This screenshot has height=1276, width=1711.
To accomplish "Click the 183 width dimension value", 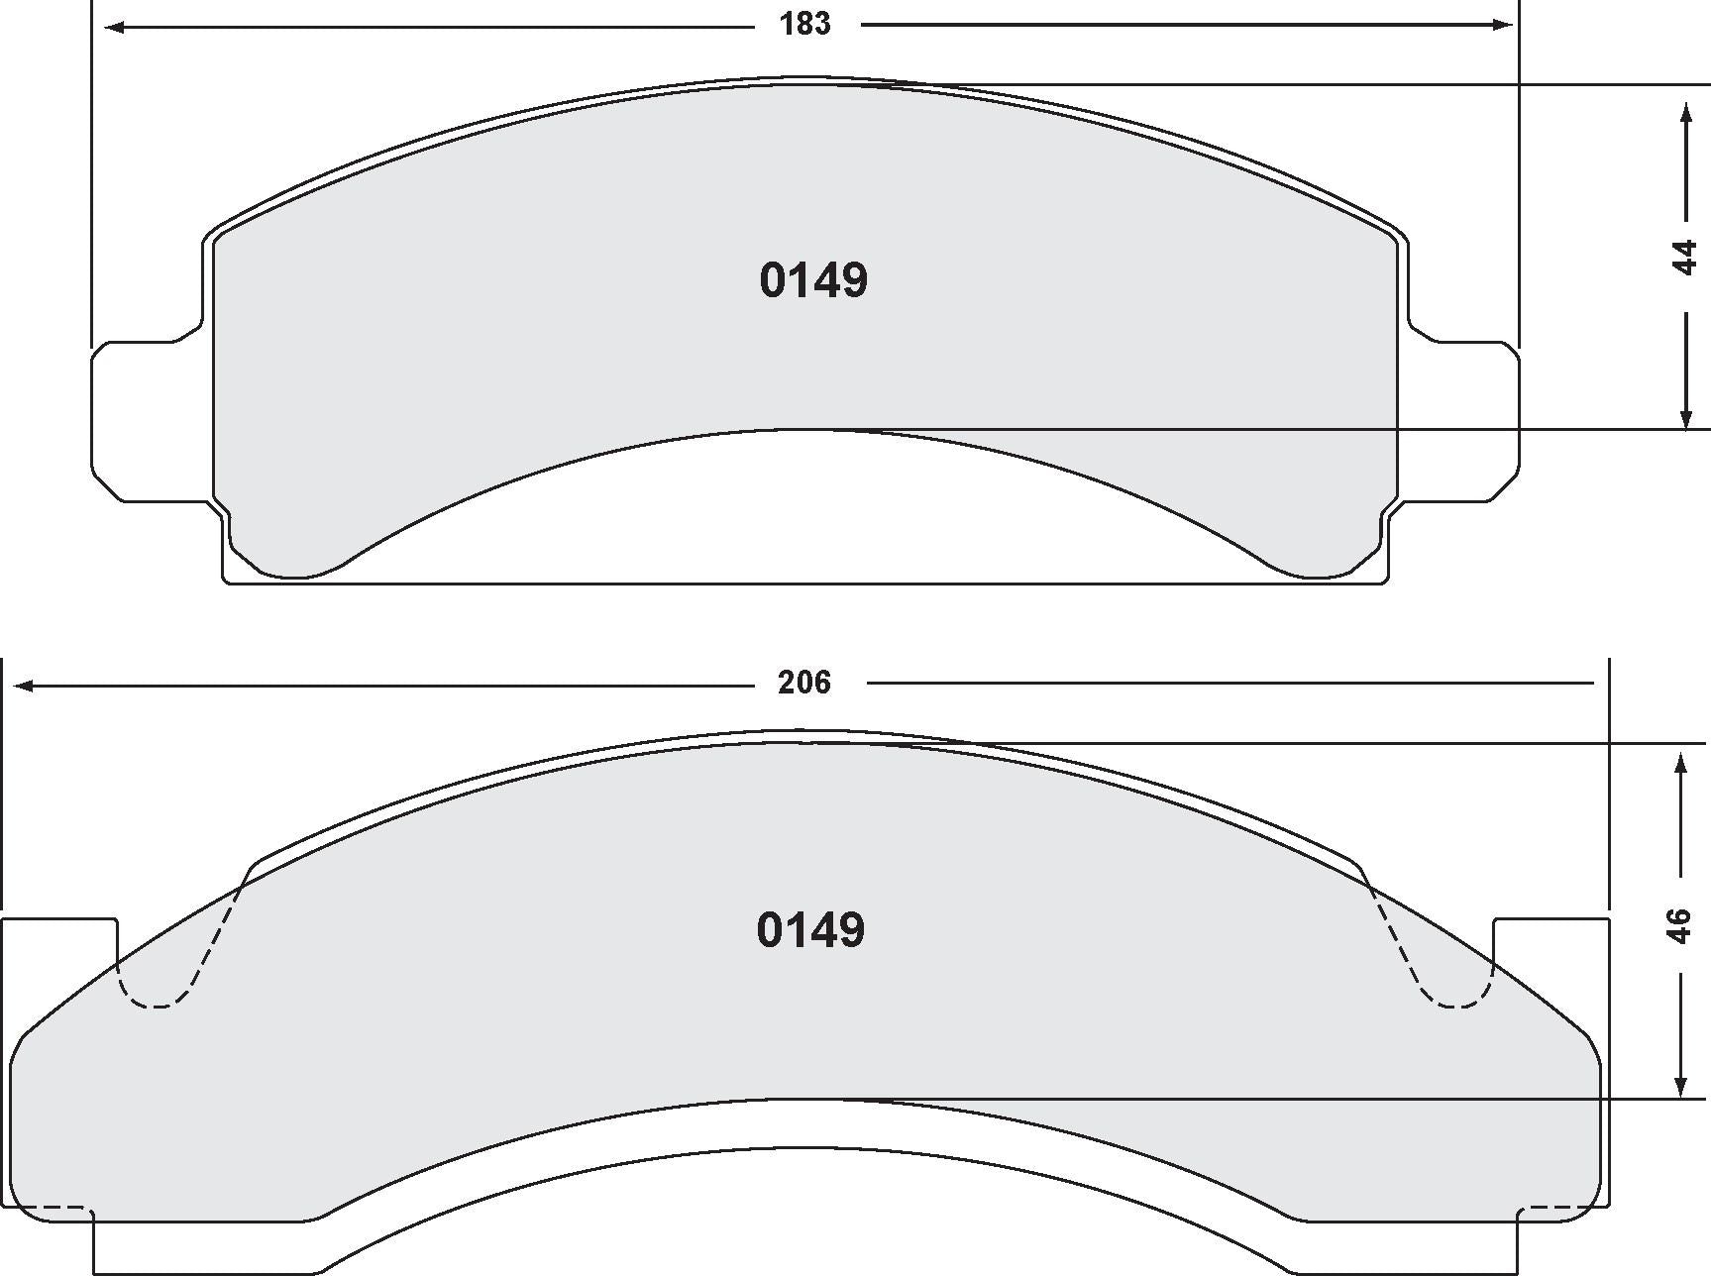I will point(804,25).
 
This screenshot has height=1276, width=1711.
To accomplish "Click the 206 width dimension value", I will point(803,683).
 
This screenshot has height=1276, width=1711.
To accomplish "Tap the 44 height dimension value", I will point(1685,258).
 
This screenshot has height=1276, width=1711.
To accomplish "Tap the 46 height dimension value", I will point(1679,925).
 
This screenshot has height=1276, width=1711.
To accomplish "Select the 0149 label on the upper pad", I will point(813,280).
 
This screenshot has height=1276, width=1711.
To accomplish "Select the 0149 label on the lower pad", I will point(810,930).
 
